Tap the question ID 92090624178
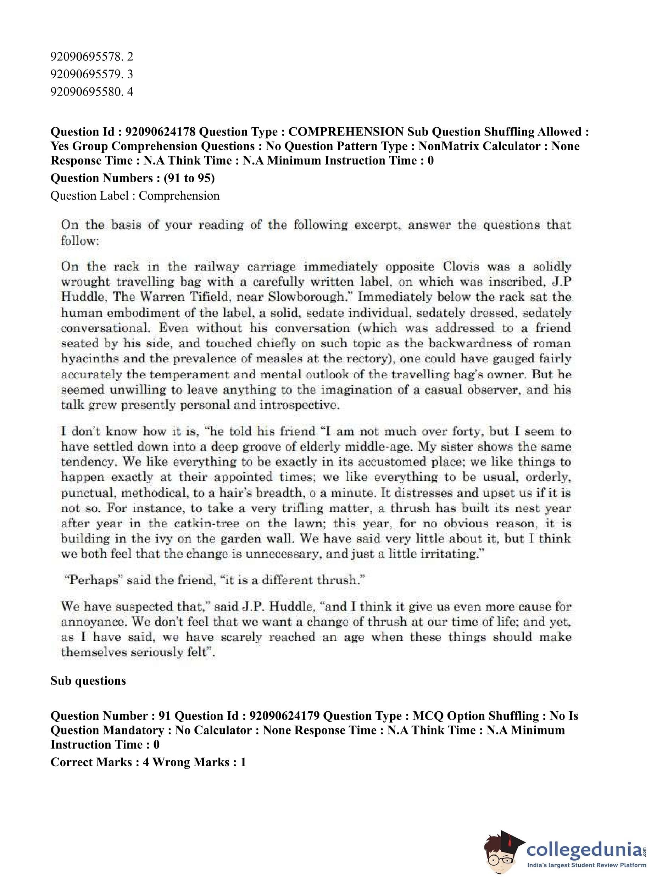coord(160,132)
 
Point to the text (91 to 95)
coord(189,178)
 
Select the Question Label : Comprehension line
coord(135,196)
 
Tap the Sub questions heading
coord(88,681)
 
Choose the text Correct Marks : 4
coord(100,762)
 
